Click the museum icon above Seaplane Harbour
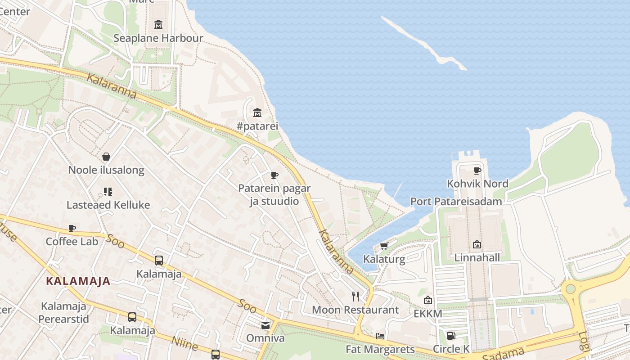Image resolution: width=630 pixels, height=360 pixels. (158, 24)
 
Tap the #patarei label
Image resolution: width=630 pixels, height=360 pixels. (257, 126)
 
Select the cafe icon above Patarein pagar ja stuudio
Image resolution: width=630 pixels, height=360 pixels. (274, 175)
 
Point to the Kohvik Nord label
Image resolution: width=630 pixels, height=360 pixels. (477, 184)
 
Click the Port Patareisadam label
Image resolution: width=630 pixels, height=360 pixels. (456, 201)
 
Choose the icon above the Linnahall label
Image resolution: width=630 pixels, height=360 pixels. (477, 244)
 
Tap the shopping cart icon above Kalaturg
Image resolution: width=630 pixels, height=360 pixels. (384, 246)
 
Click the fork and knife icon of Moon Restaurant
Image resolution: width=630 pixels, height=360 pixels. (355, 296)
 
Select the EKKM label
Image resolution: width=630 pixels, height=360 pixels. (427, 314)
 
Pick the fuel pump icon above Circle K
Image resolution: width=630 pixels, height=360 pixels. (451, 335)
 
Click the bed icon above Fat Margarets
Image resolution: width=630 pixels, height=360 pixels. (380, 336)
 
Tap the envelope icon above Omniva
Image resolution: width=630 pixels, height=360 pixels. (265, 325)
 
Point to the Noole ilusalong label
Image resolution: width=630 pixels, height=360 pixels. (106, 170)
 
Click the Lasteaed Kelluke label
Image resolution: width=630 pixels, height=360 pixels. (108, 205)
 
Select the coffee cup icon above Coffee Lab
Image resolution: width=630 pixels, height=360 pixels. (72, 229)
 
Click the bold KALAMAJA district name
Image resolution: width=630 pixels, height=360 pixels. (78, 281)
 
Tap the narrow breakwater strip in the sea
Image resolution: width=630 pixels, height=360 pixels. (423, 43)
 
